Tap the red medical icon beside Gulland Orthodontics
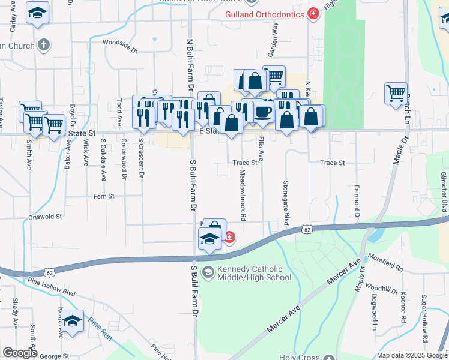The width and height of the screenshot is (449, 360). [312, 14]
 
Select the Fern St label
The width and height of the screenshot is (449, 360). [104, 196]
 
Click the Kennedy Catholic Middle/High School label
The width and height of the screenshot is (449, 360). [255, 273]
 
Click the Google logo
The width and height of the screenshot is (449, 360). [20, 353]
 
